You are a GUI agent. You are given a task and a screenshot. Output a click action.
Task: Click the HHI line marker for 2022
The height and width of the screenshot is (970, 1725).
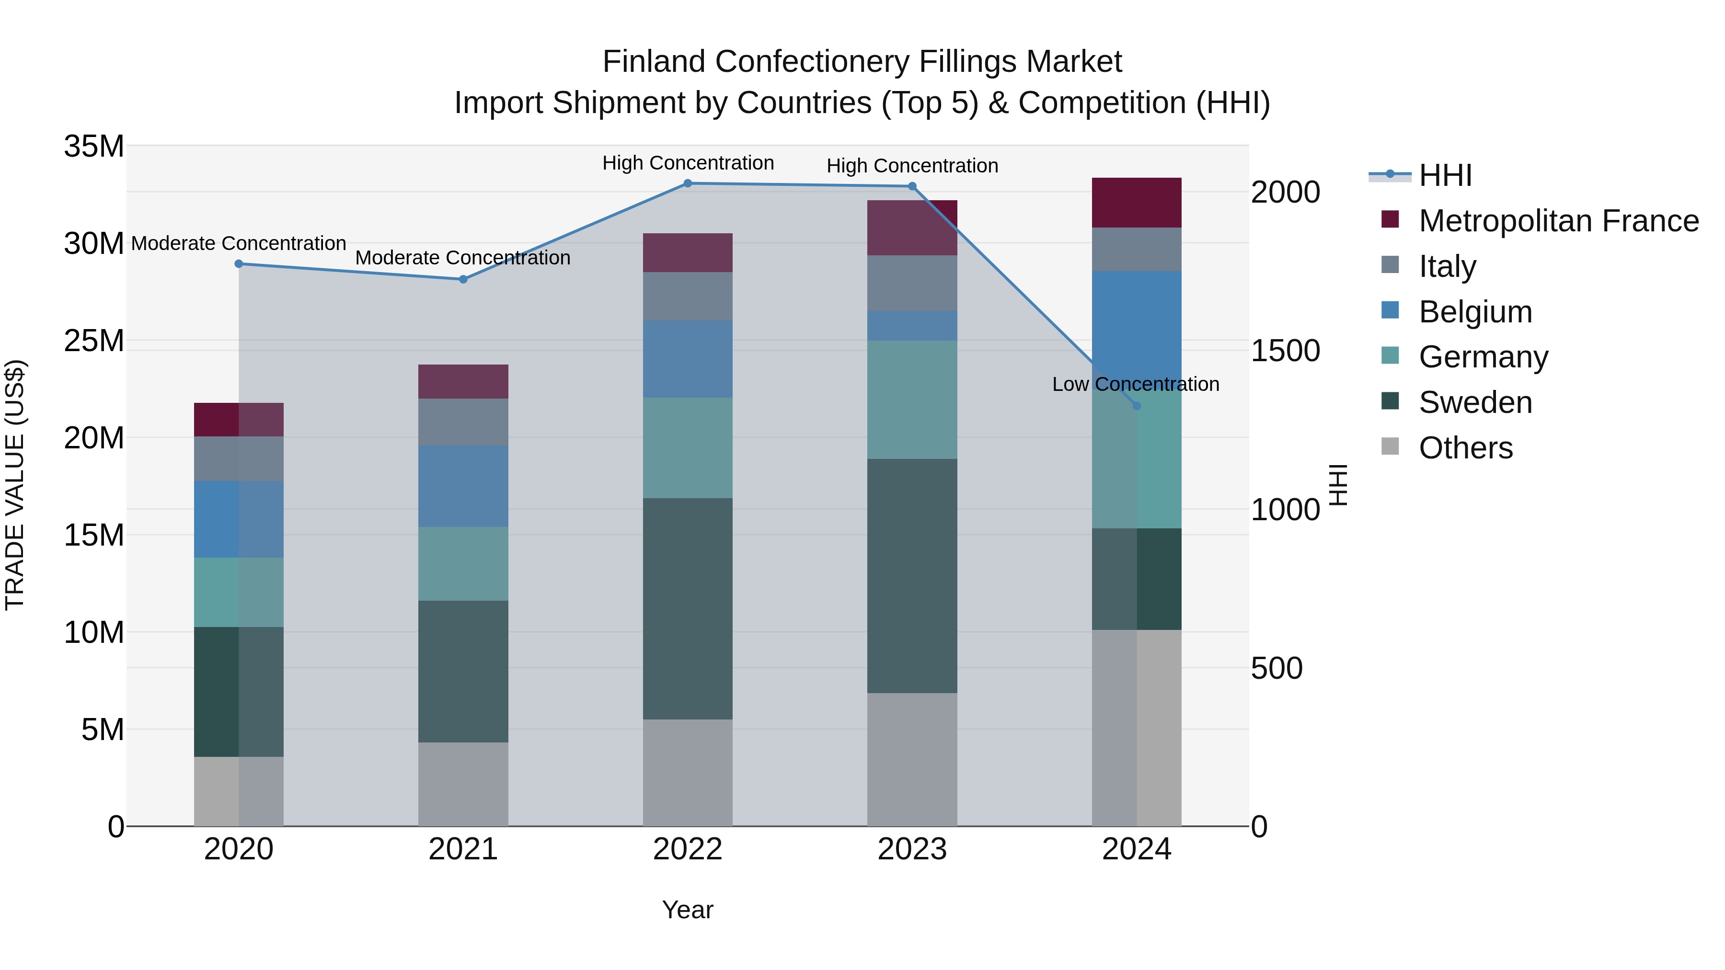[x=688, y=183]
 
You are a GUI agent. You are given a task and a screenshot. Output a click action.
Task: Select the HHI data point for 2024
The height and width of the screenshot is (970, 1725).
[x=1137, y=406]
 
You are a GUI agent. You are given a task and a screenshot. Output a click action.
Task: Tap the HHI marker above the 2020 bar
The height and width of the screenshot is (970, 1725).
[x=239, y=264]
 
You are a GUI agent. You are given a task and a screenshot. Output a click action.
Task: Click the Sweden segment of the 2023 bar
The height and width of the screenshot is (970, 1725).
[x=912, y=576]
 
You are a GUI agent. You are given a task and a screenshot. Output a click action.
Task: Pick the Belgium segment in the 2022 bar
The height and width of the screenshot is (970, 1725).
[x=688, y=359]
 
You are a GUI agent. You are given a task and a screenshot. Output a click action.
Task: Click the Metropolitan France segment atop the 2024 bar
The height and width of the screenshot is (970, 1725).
[x=1137, y=203]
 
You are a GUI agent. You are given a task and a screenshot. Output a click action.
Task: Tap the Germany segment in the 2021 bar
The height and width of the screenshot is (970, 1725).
[x=463, y=564]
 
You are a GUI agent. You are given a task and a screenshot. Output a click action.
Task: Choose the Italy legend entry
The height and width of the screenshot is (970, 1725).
[x=1447, y=266]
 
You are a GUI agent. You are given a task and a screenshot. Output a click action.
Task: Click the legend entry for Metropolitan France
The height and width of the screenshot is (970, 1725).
[x=1558, y=221]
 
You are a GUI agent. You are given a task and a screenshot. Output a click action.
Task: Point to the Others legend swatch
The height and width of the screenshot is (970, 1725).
[x=1390, y=446]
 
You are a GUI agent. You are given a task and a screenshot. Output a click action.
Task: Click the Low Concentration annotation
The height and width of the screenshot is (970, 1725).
[x=1135, y=384]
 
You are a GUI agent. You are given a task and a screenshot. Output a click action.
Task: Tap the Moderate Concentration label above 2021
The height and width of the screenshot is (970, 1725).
[x=463, y=258]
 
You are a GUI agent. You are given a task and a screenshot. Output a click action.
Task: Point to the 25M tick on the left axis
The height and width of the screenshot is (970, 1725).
[x=94, y=341]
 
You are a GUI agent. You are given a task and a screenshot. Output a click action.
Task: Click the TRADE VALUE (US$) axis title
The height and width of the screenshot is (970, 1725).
[x=15, y=485]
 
